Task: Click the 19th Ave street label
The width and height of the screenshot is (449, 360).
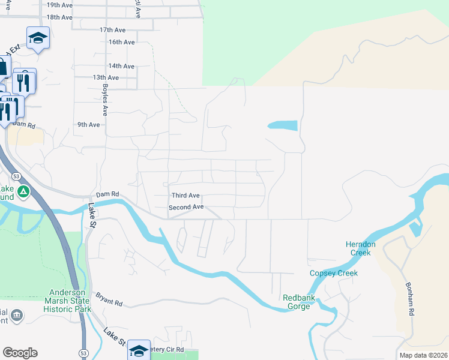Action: pos(59,5)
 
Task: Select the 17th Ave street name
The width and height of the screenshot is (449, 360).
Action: pos(112,29)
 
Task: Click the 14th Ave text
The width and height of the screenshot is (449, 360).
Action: pos(121,66)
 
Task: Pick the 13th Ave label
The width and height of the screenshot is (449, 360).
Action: pos(106,77)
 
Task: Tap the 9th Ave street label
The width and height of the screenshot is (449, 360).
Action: pos(88,125)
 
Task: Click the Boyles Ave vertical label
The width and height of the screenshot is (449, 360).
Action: pos(104,100)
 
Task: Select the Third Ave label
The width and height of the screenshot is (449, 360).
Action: pos(185,196)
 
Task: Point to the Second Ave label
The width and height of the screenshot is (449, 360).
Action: pos(186,207)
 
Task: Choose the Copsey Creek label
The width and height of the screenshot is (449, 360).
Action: pos(333,274)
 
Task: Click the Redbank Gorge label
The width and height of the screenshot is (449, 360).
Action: pos(297,302)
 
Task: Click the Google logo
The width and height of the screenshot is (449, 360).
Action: pos(20,353)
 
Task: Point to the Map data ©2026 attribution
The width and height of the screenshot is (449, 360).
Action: pos(423,355)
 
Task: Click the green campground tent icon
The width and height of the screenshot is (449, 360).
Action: pos(23,192)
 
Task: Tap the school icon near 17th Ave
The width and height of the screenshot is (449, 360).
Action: pos(38,38)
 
